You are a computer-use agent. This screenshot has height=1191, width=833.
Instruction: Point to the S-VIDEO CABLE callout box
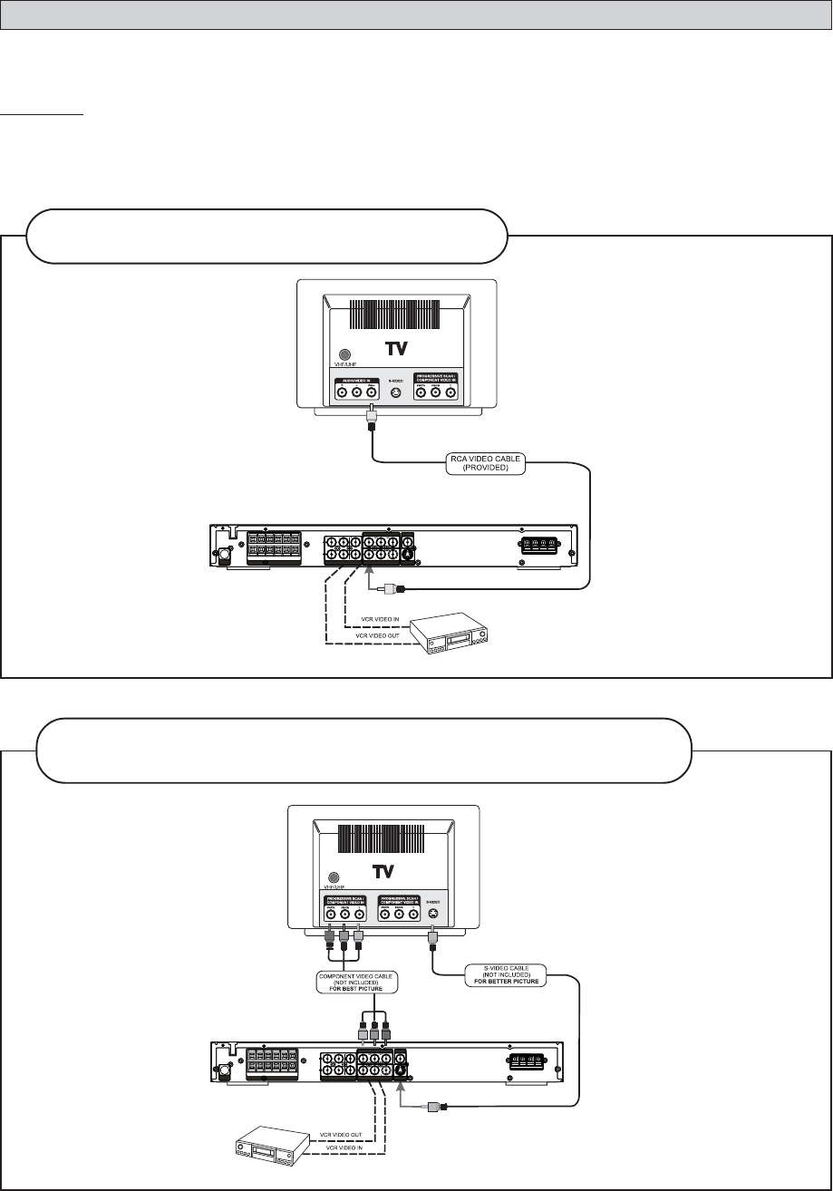(504, 976)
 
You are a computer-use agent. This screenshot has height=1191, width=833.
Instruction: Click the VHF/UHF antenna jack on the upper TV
(344, 356)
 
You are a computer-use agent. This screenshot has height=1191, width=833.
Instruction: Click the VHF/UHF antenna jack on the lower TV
(334, 877)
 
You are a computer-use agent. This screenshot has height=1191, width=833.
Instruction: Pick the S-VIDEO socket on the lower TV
(433, 915)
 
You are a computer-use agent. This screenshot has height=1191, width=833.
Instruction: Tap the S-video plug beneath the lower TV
(433, 943)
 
